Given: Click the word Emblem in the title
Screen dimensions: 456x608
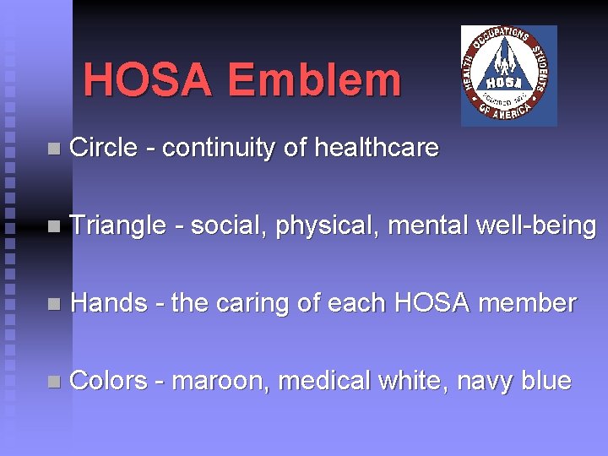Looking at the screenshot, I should click(314, 81).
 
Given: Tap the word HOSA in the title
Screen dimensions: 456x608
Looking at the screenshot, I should click(149, 81).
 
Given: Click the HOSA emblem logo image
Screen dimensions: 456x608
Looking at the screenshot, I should click(508, 75).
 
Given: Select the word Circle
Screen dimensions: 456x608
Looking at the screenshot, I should click(103, 149).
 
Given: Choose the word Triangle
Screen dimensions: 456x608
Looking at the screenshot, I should click(118, 226).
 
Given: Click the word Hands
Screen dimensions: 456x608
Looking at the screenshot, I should click(109, 303).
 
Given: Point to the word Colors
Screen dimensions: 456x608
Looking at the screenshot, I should click(108, 381).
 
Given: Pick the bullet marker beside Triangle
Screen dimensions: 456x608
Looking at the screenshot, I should click(54, 227).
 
